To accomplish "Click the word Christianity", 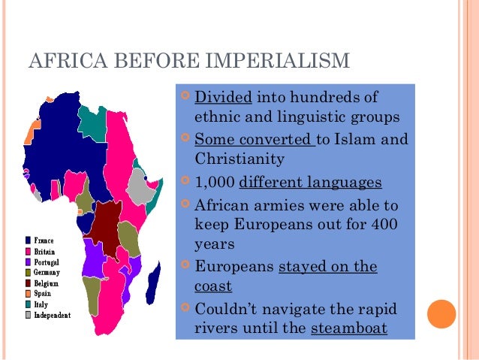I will (236, 159).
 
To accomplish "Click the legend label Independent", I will (52, 316).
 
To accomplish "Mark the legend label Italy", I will (41, 304).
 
